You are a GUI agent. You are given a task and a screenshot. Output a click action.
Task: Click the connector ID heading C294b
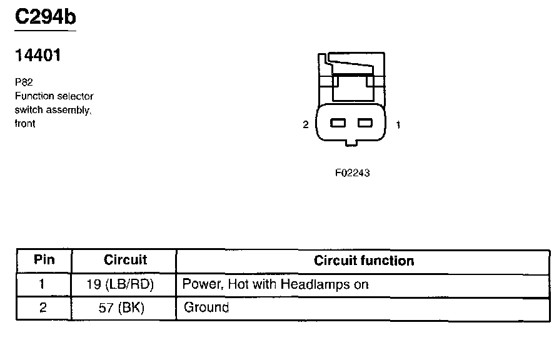click(44, 17)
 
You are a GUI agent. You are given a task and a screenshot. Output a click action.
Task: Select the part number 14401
click(38, 56)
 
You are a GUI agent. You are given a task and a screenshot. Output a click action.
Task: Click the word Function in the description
click(34, 96)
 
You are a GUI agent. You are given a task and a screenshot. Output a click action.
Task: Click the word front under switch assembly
click(26, 124)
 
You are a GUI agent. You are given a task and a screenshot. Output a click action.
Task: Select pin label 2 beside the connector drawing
click(306, 125)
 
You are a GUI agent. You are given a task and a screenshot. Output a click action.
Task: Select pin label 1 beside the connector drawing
click(398, 125)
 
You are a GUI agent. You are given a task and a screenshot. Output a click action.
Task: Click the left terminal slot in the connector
click(338, 123)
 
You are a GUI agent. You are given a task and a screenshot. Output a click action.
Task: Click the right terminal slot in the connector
click(365, 123)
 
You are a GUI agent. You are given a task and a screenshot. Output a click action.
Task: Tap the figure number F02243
click(352, 173)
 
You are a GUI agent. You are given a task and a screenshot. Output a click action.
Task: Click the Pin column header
click(44, 260)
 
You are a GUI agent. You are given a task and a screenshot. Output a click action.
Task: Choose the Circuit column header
click(125, 260)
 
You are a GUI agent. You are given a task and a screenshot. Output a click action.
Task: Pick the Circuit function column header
click(364, 261)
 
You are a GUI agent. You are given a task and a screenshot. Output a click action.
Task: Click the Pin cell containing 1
click(43, 284)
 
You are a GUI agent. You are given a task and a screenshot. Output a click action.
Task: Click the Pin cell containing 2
click(43, 307)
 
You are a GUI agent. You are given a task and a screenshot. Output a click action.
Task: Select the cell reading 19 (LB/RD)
click(121, 284)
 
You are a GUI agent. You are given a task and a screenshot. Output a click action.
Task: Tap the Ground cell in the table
click(206, 307)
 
